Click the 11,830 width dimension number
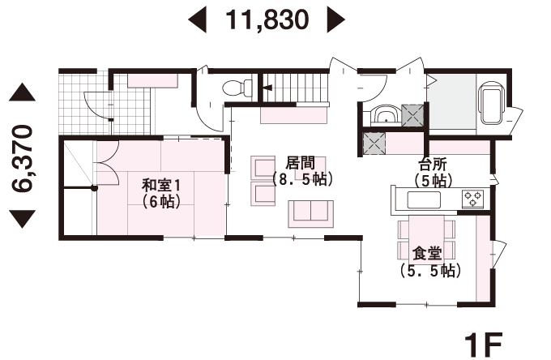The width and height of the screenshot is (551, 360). coord(267,19)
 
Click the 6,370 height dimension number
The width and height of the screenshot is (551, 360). coord(22,158)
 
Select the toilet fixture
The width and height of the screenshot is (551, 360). coord(237,88)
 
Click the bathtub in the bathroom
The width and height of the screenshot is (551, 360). coord(492,103)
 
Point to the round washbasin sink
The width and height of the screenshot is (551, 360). coord(387,114)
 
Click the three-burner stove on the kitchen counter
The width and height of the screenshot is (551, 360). coord(473,199)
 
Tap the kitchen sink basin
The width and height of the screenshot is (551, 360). coord(424,200)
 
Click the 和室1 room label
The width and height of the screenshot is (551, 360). coord(161,185)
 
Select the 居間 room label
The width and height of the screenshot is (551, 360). coord(300,163)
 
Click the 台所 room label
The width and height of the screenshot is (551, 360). coord(433,165)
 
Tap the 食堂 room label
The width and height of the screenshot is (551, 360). coord(427,254)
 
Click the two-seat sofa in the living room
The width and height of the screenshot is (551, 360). coord(311,214)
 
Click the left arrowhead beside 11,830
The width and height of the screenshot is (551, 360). coord(197,20)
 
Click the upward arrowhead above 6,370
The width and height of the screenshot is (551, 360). coord(22,92)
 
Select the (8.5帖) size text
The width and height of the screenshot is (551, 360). coord(302,180)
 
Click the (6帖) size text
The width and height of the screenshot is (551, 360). coord(161,201)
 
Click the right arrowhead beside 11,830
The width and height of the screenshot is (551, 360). coord(336,20)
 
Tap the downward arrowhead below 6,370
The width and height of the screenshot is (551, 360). coord(22,219)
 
